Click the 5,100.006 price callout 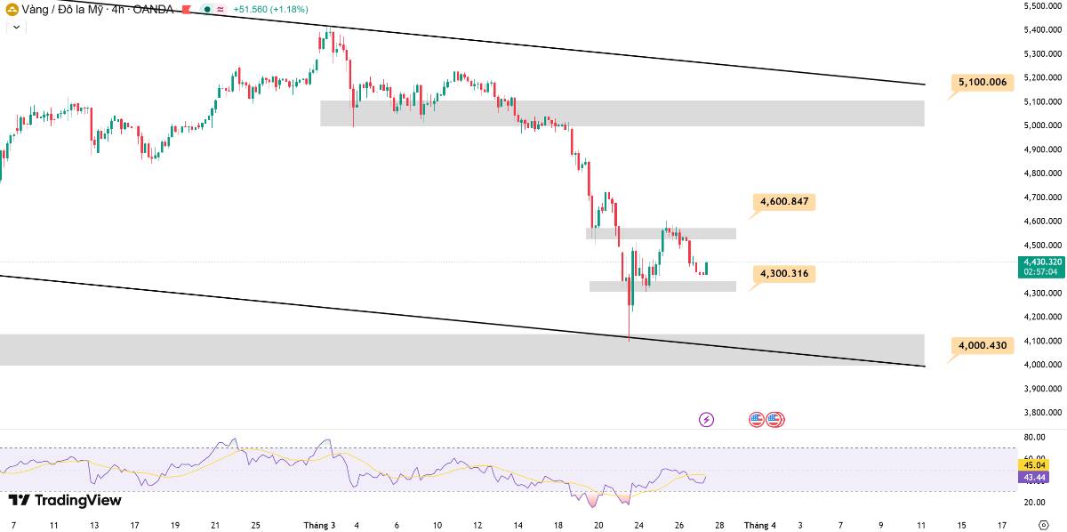[x=983, y=83]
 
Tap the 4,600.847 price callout [x=784, y=202]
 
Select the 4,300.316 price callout [x=784, y=274]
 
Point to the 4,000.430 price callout [x=983, y=345]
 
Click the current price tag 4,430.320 [x=1042, y=267]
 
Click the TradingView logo [x=65, y=500]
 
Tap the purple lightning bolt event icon [x=706, y=420]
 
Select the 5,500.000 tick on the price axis [x=1042, y=5]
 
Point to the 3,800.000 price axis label [x=1042, y=413]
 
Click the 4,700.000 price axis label [x=1042, y=197]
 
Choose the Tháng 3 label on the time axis [x=319, y=525]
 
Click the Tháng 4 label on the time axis [x=759, y=525]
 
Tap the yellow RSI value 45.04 [x=1034, y=465]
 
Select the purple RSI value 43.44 [x=1034, y=477]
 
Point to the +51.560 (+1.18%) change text [x=270, y=9]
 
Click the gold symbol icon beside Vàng [x=12, y=9]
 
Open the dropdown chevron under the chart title [x=16, y=28]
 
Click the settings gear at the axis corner [x=1043, y=525]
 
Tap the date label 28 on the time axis [x=719, y=525]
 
